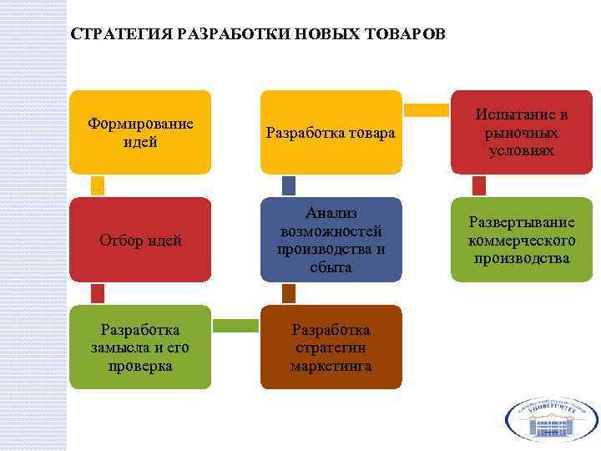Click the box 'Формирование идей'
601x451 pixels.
(x=140, y=132)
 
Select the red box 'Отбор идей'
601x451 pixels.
(x=140, y=240)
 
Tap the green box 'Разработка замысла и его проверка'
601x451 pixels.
(x=140, y=347)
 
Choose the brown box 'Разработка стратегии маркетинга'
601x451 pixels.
(x=331, y=347)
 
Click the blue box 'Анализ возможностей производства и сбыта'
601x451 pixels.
(x=331, y=240)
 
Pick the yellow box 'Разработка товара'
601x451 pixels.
(x=331, y=132)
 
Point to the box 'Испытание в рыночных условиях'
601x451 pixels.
(x=522, y=132)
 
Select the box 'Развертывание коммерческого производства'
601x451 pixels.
(x=522, y=240)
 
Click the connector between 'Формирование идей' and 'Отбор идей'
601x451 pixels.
(x=98, y=185)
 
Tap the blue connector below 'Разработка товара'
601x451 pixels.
(x=289, y=185)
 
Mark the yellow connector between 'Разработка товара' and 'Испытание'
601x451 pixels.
(x=427, y=109)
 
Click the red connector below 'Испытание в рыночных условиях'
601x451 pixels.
(x=479, y=185)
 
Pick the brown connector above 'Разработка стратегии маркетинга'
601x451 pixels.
(x=289, y=292)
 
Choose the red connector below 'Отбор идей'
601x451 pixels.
(x=98, y=292)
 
